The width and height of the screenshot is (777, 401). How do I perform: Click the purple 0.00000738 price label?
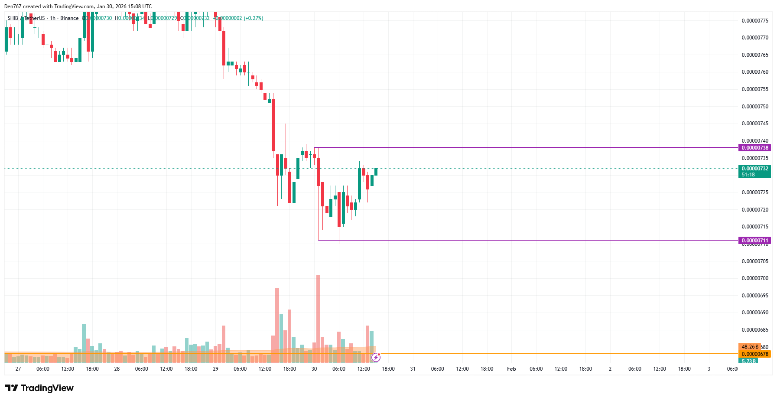[754, 148]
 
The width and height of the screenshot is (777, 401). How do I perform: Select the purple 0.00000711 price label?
[754, 240]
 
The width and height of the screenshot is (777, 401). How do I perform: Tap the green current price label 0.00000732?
[754, 169]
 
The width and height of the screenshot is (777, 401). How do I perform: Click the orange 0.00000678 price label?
[754, 354]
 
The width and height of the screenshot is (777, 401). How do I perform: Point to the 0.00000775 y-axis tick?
[755, 21]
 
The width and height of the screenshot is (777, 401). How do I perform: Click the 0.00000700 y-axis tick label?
[755, 278]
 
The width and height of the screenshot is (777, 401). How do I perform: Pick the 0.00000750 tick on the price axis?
[755, 107]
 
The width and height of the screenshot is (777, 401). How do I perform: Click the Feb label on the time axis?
[511, 369]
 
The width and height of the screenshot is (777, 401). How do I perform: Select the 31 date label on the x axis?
[413, 369]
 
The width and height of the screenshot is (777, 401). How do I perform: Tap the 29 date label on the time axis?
[215, 369]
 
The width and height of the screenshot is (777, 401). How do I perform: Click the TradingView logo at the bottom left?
[39, 388]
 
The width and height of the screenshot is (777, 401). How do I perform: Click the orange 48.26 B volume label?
[749, 347]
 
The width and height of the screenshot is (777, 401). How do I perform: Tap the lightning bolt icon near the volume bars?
[376, 357]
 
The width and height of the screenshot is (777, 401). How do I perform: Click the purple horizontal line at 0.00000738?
[520, 147]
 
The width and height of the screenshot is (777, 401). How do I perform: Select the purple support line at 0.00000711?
[520, 240]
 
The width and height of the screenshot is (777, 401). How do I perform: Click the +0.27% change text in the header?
[254, 18]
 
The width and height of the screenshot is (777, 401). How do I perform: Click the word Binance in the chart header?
[69, 18]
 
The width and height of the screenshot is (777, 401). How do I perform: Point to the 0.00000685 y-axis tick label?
[755, 330]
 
